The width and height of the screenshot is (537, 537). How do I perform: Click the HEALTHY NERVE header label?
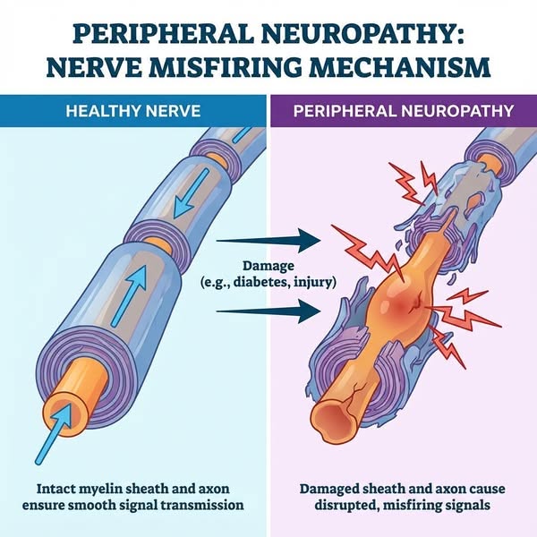coord(133,111)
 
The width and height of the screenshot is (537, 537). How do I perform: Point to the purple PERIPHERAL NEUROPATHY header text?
coord(404,111)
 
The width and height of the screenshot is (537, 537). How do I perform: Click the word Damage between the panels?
coord(268,266)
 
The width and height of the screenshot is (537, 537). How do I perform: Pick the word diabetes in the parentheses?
coord(261,283)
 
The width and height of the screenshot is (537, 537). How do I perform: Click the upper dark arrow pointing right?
coord(268,241)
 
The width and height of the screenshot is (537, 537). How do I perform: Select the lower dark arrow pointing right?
coord(268,311)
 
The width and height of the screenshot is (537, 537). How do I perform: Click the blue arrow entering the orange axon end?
coord(53,434)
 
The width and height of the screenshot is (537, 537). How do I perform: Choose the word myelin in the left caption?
coord(100,489)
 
